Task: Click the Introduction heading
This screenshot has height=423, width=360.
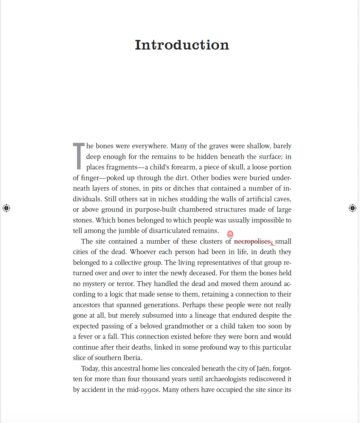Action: coord(182,45)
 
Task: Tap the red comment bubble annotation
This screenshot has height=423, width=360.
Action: coord(230,234)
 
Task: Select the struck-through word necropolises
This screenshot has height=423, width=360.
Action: coord(252,241)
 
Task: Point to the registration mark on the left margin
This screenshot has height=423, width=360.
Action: coord(6,208)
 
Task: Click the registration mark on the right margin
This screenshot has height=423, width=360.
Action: coord(353,208)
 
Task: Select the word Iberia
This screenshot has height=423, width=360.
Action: coord(132,358)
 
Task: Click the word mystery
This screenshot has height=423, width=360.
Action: coord(94,284)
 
